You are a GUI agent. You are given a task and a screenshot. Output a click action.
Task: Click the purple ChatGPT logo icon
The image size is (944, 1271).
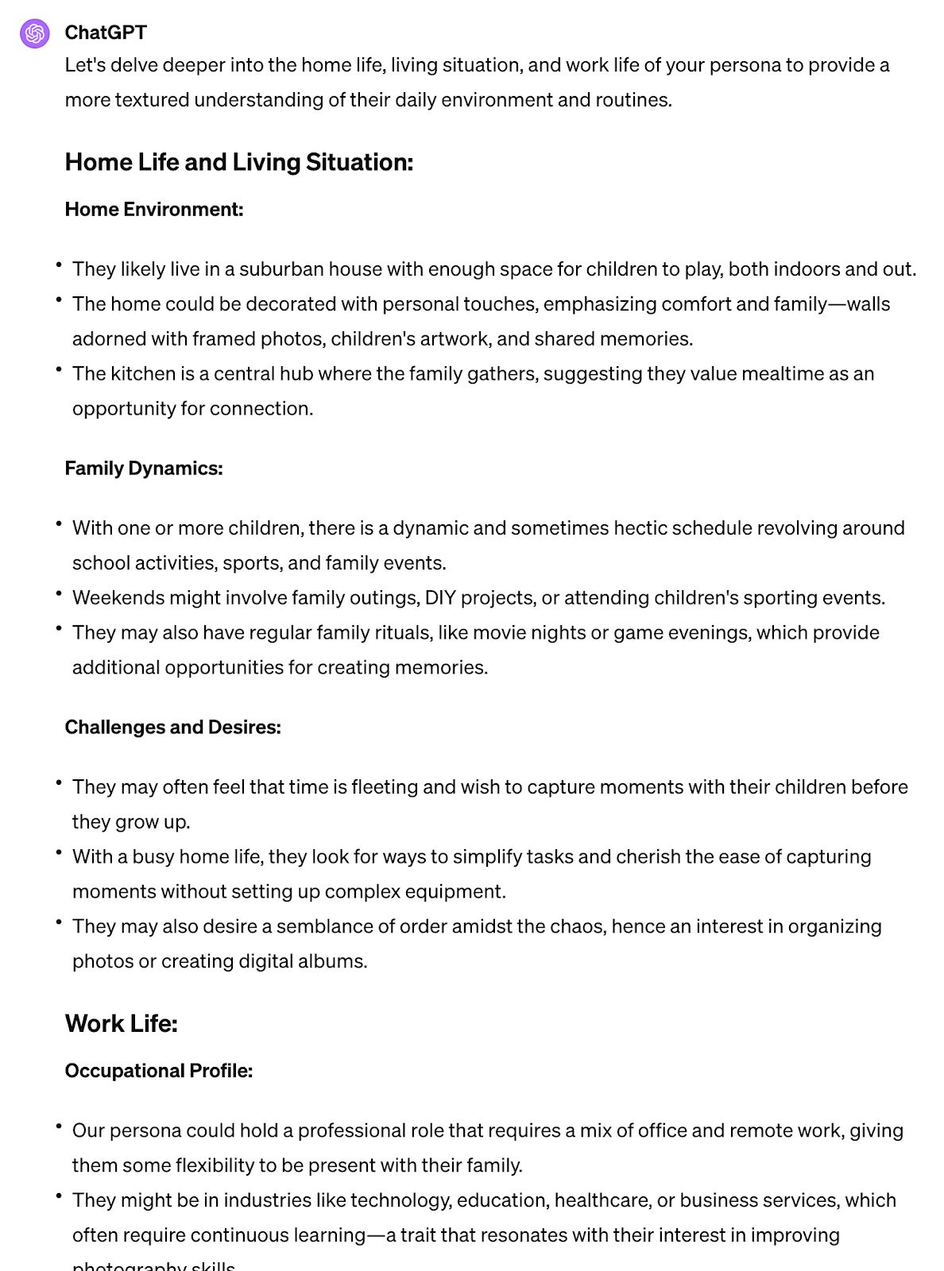(x=34, y=33)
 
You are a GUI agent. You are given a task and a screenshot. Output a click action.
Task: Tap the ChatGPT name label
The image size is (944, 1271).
(x=106, y=33)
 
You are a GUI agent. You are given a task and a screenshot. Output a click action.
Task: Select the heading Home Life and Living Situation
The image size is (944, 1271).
(x=238, y=162)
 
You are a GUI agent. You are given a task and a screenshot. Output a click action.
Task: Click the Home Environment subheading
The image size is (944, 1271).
(x=153, y=209)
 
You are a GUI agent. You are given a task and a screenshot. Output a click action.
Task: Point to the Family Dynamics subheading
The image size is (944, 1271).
(x=143, y=468)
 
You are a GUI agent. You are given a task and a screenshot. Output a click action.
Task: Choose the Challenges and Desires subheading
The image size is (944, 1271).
(x=172, y=727)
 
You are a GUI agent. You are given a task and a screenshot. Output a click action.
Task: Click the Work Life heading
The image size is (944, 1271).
(x=121, y=1023)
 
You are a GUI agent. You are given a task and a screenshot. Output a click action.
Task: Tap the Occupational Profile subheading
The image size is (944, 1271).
(x=158, y=1071)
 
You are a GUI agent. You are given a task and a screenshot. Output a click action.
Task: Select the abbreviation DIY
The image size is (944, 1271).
(x=440, y=597)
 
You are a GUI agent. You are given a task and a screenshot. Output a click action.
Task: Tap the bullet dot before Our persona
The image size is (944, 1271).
(x=59, y=1126)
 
